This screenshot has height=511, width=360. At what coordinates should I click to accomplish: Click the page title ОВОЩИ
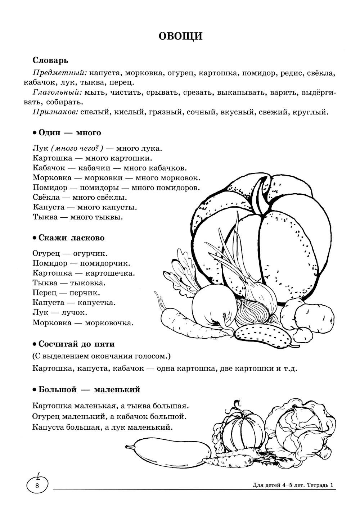(x=181, y=36)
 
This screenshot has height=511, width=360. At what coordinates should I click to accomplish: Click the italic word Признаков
(x=55, y=112)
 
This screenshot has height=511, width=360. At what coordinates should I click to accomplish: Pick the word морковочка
(x=109, y=322)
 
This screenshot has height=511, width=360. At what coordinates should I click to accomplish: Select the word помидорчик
(x=105, y=263)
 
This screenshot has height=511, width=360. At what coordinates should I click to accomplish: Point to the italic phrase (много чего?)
(x=77, y=148)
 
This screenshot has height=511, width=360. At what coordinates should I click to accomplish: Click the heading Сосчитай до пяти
(x=76, y=344)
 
